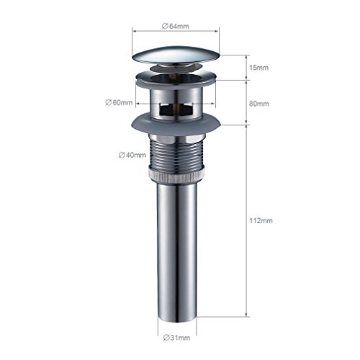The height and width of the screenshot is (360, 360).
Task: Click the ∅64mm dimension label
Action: click(x=176, y=26)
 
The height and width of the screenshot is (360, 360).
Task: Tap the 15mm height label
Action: click(x=258, y=68)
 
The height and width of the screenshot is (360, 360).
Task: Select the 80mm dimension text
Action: click(x=259, y=104)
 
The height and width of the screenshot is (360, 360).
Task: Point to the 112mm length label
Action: click(x=261, y=220)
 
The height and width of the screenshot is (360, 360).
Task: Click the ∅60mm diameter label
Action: click(x=119, y=102)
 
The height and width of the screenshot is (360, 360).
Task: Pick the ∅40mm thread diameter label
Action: click(x=132, y=155)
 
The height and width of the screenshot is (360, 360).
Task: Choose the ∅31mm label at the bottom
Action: click(x=176, y=338)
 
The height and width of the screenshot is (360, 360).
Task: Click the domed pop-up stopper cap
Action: click(x=176, y=55)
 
